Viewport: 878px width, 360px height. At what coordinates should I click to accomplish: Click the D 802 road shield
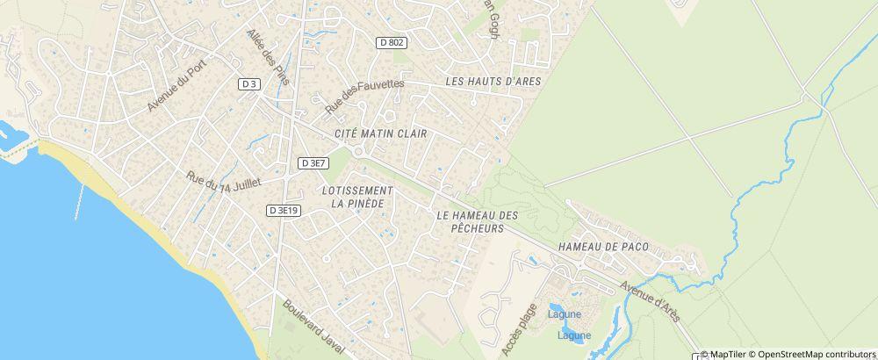coord(392,41)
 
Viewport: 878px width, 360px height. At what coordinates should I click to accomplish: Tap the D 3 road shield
coord(249,83)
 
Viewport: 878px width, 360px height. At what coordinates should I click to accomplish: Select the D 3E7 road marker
coord(313,162)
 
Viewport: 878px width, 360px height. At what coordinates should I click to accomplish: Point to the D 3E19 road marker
coord(283,211)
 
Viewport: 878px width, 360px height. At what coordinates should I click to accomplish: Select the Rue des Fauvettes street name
coord(363,95)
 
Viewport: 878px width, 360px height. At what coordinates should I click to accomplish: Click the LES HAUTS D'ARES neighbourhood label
coord(493,82)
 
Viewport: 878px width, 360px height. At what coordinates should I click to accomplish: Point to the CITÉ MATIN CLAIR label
coord(380,134)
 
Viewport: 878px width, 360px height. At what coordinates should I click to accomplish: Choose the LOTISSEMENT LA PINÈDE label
coord(356,197)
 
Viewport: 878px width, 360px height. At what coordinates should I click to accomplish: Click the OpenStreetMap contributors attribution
coord(817,354)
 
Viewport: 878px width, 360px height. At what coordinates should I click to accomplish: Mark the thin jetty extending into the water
coord(81,202)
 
